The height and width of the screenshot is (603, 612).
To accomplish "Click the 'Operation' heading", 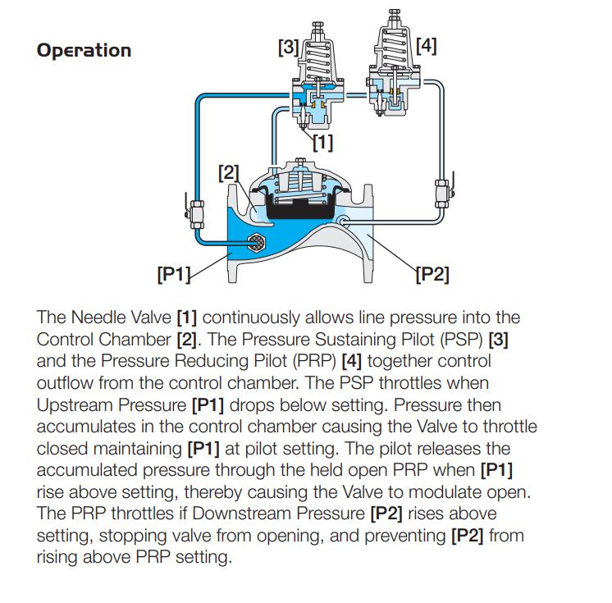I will (84, 50).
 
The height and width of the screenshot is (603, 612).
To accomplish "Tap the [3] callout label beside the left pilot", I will (288, 47).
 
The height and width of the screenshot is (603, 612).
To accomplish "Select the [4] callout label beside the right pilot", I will (426, 45).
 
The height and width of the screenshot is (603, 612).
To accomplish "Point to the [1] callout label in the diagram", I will (322, 142).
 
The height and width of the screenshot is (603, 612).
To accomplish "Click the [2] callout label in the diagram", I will (229, 172).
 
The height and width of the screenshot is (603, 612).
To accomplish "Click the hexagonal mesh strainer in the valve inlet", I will (256, 240).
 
